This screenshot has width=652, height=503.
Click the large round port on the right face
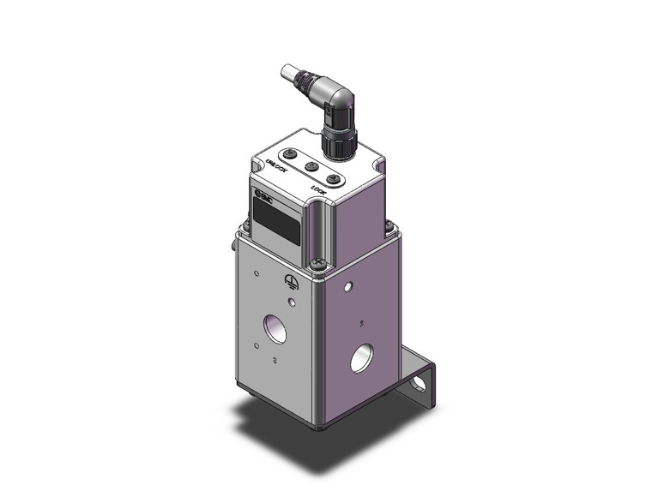point(362,356)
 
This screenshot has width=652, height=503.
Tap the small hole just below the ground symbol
point(293,302)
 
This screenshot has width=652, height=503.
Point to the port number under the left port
point(274,361)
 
